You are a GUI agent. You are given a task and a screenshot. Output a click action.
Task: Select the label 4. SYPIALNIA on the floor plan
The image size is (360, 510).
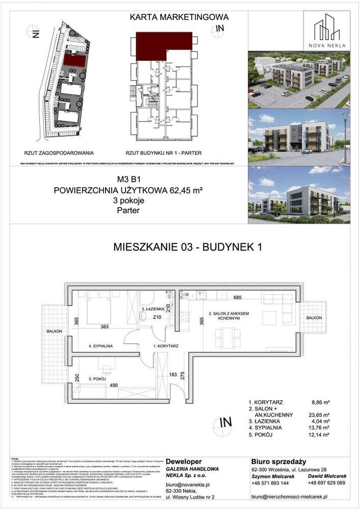tap(104, 345)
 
